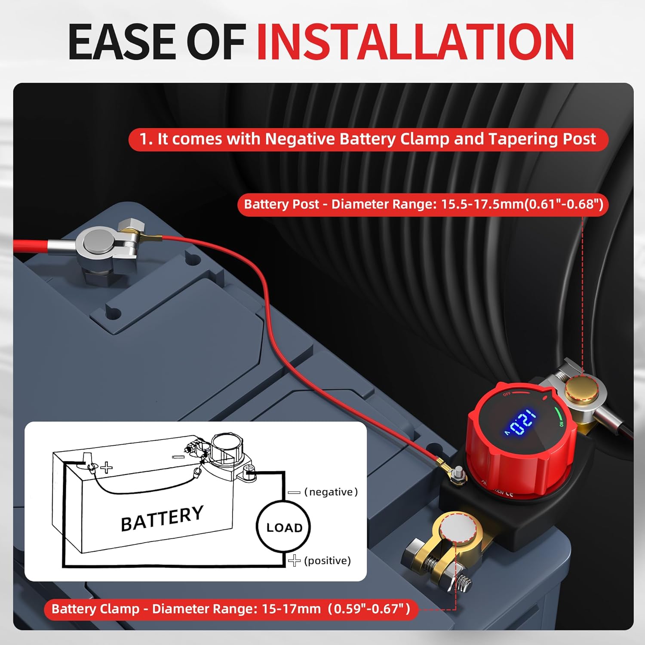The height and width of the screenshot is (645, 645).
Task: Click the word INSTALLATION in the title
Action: [415, 42]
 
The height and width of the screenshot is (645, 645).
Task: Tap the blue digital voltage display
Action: [520, 422]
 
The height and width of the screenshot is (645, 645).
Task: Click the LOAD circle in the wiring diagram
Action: [283, 527]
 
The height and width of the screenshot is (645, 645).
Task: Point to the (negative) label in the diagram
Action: [330, 491]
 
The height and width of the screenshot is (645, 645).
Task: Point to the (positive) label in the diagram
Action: [327, 560]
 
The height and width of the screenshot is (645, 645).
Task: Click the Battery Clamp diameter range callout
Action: [231, 609]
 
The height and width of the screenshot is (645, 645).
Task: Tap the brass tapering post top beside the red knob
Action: [577, 389]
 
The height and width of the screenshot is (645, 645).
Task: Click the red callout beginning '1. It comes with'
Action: [368, 139]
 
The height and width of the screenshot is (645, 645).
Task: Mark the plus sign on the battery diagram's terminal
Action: [107, 467]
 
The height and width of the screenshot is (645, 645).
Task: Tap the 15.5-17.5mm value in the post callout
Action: [482, 204]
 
